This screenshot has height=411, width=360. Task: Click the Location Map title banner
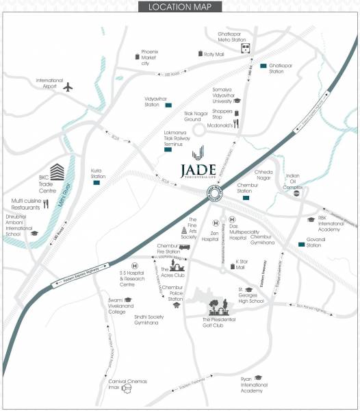(x=179, y=8)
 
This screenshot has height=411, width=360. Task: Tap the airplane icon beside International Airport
(x=68, y=87)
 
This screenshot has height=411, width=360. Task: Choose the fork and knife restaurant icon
(x=46, y=203)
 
